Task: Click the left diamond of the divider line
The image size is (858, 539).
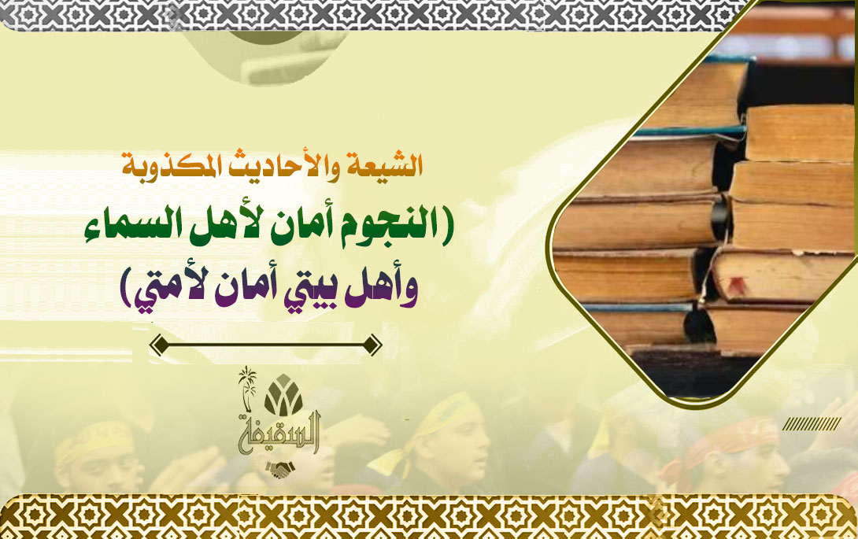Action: coord(159,345)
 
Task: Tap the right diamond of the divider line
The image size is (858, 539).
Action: coord(372,345)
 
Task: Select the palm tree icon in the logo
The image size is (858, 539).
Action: coord(247,388)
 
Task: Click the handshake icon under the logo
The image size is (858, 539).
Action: coord(280,470)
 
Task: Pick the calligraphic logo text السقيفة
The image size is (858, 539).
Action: coord(279,432)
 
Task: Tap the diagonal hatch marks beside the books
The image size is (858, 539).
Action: coord(812,423)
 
